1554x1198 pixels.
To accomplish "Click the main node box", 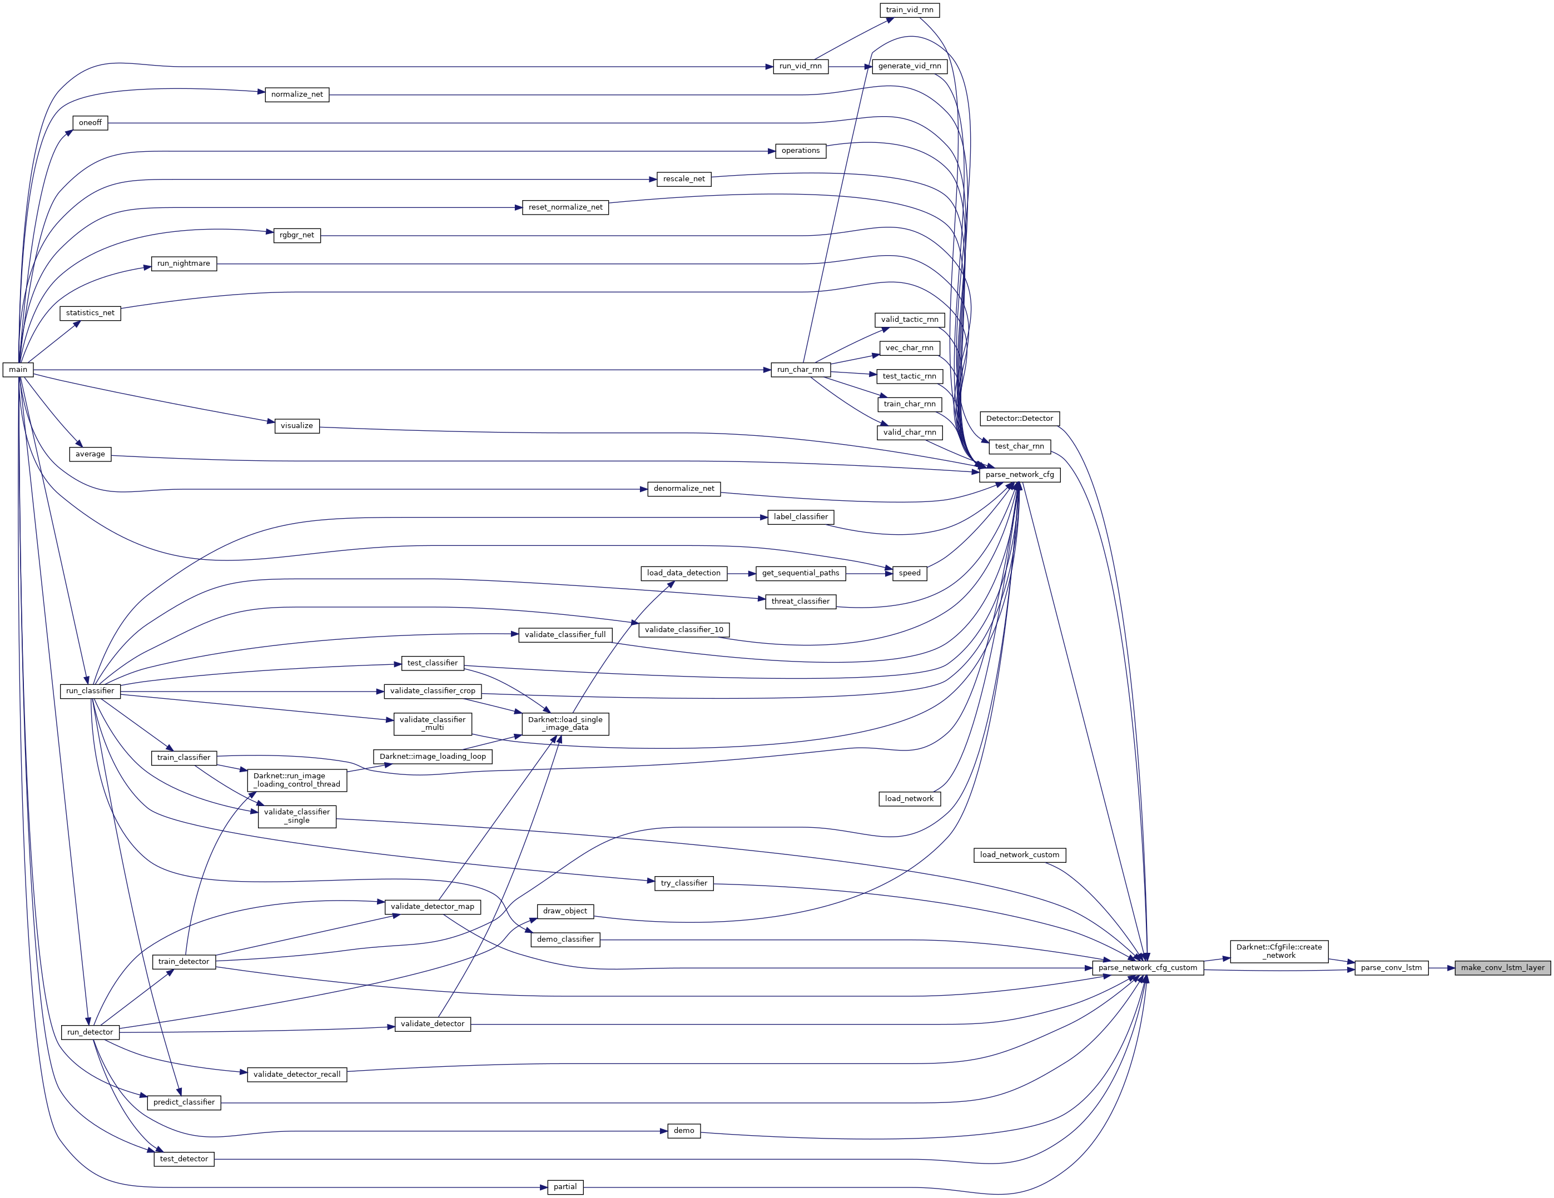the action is [18, 369].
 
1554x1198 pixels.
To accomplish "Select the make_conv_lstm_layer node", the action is [1503, 967].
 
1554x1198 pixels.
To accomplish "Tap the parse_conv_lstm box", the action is [1391, 967].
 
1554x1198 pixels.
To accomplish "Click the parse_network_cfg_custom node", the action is [1148, 967].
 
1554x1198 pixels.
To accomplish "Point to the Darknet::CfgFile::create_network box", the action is [1279, 951].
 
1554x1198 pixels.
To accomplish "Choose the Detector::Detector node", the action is [1020, 418].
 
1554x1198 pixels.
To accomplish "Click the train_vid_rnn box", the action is [910, 10].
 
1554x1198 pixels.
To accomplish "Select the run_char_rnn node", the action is [801, 369].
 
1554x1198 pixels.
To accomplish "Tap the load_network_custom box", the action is [1020, 854].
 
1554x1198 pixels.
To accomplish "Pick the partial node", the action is [565, 1187].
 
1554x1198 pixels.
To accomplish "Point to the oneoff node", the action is [91, 122].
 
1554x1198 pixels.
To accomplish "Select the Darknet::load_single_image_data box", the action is [565, 723].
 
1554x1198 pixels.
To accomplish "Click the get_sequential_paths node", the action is [801, 573].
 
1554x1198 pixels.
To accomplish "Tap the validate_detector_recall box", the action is [297, 1074].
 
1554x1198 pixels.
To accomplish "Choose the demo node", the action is [684, 1130].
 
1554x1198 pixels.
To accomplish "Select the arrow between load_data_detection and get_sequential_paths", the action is [742, 573].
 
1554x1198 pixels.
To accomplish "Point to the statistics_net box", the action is [91, 313].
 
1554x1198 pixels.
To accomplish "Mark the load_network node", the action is [910, 798].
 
